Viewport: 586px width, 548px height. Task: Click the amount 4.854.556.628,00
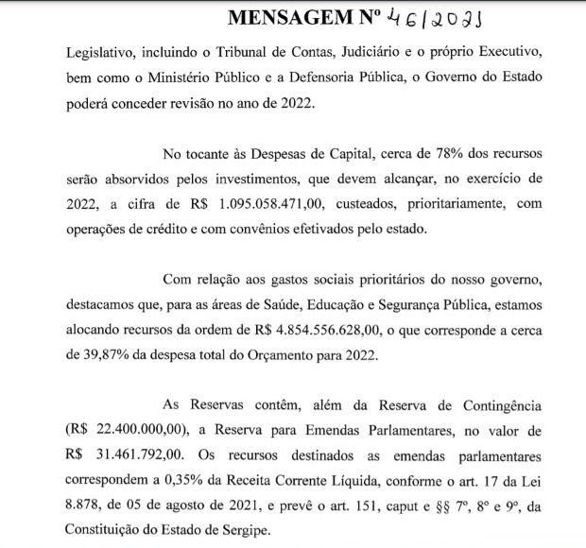coord(317,330)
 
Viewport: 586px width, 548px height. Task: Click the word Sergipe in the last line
coord(241,529)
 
